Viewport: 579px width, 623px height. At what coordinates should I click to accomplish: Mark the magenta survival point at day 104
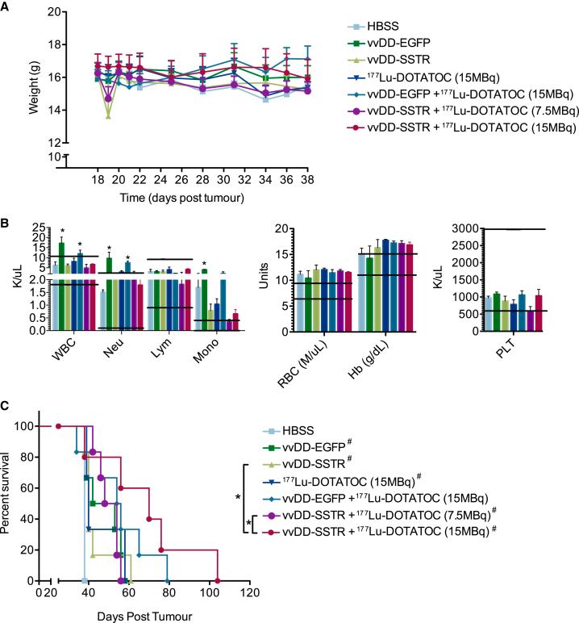tap(217, 581)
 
